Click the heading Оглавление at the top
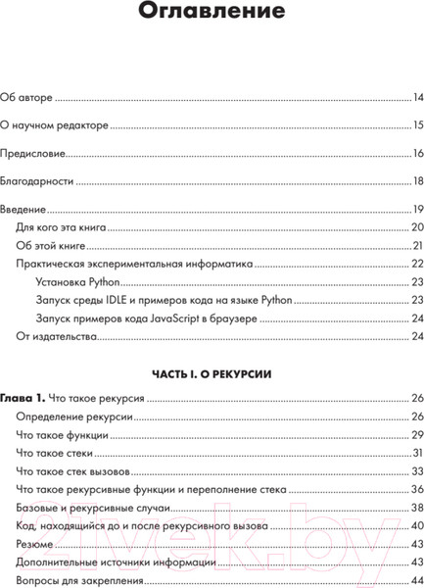coord(212,13)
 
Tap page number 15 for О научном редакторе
coord(416,125)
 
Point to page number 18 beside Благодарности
coord(416,181)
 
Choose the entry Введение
coord(24,210)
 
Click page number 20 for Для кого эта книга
coord(415,227)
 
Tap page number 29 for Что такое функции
coord(415,435)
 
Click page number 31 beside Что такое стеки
coord(416,453)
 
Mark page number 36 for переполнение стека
coord(415,489)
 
